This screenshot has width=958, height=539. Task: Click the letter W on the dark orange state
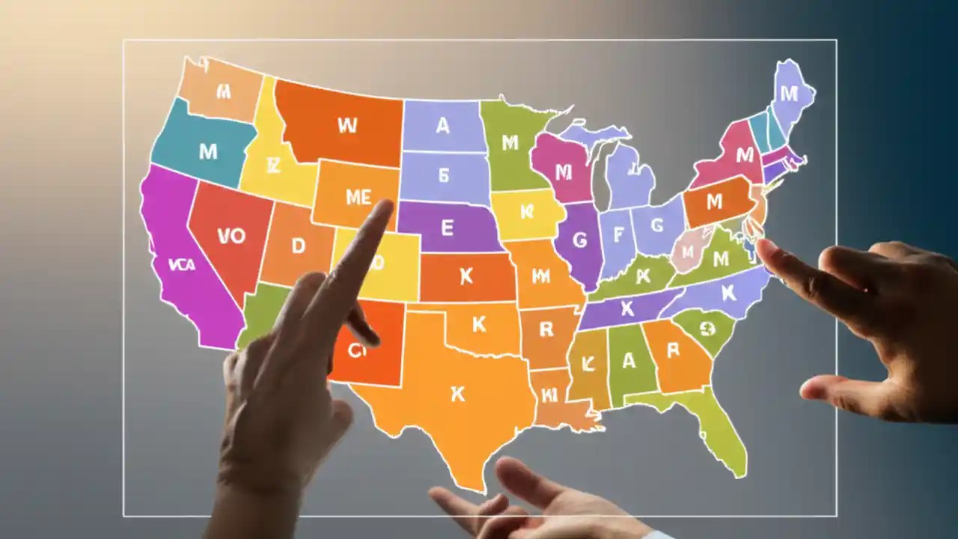347,125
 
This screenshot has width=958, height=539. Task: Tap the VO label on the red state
231,236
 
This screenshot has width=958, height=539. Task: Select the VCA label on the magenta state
183,264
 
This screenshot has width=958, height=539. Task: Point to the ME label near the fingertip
358,197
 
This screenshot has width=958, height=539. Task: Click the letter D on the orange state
299,246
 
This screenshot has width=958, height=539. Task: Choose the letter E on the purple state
448,228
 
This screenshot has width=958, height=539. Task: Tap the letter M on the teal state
208,151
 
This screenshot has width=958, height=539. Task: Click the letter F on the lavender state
618,235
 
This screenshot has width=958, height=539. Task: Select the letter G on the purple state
579,240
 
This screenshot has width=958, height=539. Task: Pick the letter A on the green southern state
629,361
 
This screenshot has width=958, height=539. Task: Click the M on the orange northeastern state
714,201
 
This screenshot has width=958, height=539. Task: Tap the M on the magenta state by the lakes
563,172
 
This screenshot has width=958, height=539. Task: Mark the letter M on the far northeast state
789,94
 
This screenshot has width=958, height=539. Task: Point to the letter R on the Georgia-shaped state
672,350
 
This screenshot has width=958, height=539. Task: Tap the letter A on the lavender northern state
442,126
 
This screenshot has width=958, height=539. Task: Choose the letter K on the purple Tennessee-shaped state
627,307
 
